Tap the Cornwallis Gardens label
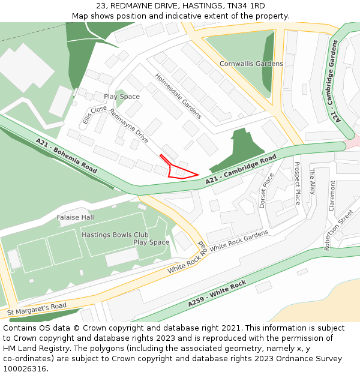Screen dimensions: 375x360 (251, 64)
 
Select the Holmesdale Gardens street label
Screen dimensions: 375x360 (178, 96)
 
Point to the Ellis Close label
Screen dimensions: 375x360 (94, 116)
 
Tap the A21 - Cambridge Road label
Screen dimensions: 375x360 (241, 170)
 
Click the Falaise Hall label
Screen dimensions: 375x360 (76, 217)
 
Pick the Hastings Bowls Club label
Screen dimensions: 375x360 (115, 235)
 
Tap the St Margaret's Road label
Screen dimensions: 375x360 (37, 310)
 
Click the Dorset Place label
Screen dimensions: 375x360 (266, 191)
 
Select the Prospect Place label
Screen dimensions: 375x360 (296, 183)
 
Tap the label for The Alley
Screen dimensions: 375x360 (312, 182)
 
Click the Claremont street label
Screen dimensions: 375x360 (332, 196)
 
